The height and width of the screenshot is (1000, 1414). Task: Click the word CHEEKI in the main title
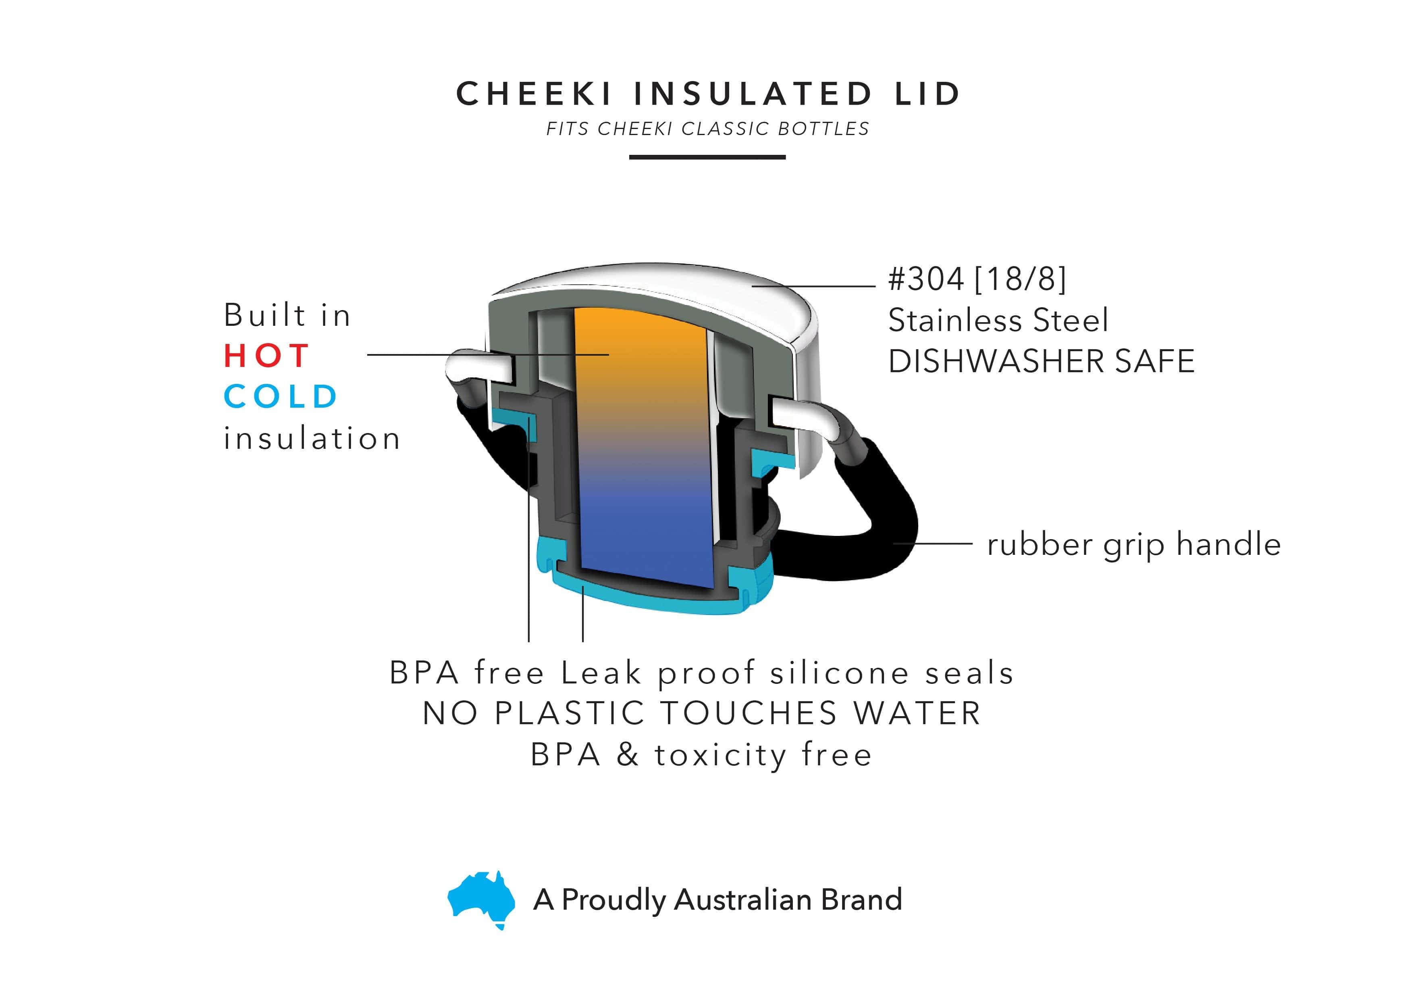pyautogui.click(x=534, y=94)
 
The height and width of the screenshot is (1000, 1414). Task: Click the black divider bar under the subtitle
pyautogui.click(x=707, y=157)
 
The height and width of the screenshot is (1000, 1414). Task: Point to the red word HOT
pyautogui.click(x=266, y=356)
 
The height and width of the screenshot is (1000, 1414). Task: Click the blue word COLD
pyautogui.click(x=280, y=396)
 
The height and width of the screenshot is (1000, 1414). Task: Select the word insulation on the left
pyautogui.click(x=312, y=438)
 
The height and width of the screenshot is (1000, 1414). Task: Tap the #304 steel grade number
pyautogui.click(x=925, y=279)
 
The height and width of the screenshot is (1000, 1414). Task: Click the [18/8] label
pyautogui.click(x=1021, y=279)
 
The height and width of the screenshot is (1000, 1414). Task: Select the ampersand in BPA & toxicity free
pyautogui.click(x=628, y=755)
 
